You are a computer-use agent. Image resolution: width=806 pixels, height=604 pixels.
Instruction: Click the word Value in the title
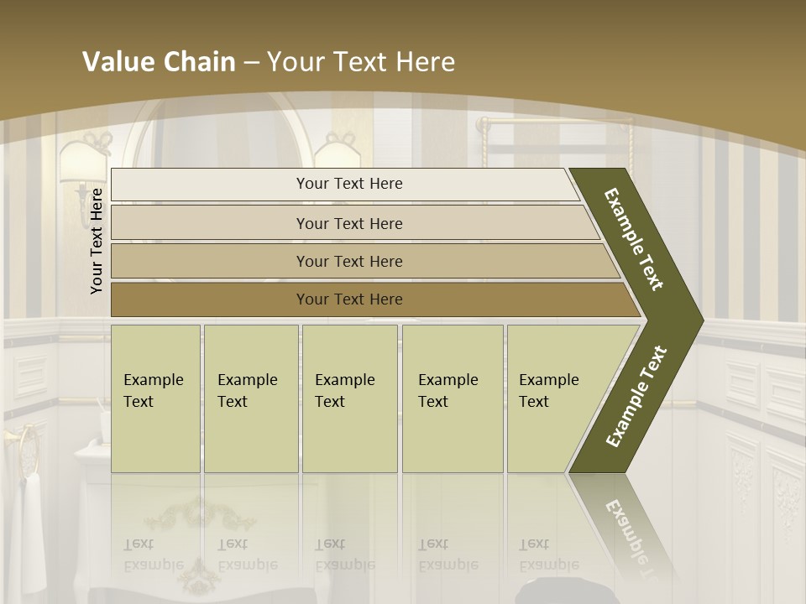tap(119, 61)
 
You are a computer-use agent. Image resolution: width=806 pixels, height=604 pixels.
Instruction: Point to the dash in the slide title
tap(251, 62)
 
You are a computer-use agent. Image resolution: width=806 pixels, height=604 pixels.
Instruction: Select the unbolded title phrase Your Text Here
tap(361, 61)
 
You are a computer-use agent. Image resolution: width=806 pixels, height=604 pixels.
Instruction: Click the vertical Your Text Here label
tap(97, 241)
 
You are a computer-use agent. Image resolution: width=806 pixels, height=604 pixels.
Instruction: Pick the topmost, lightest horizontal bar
tap(344, 184)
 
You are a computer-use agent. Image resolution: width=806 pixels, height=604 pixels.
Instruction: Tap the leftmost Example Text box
tap(155, 398)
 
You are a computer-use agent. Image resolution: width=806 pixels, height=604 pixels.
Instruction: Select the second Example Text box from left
tap(250, 398)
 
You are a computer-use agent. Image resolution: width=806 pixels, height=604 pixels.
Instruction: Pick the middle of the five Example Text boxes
tap(349, 398)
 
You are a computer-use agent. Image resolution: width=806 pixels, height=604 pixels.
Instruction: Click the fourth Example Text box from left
tap(453, 398)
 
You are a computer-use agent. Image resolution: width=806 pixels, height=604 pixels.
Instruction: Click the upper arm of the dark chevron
tap(635, 240)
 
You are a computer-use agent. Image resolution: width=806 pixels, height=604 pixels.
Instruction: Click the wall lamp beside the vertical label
tap(82, 159)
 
